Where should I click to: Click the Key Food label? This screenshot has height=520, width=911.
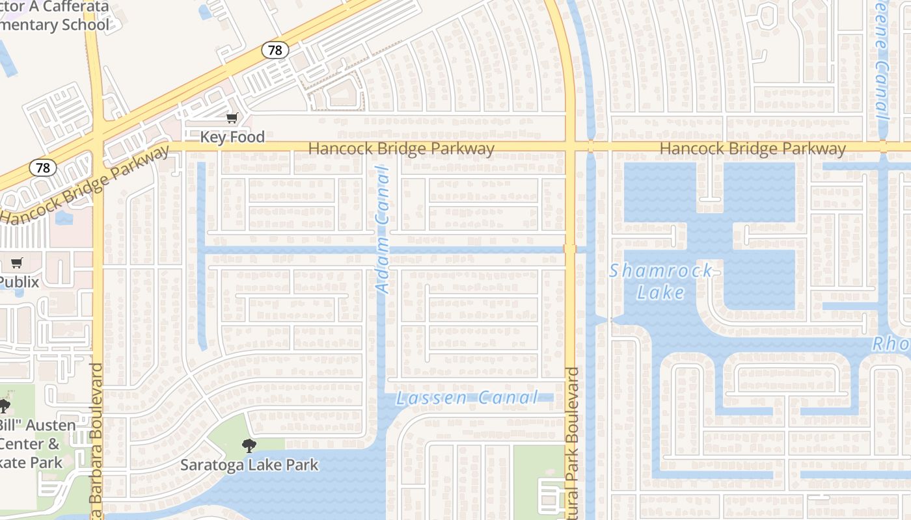point(232,137)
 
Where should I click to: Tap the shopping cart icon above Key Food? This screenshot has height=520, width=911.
point(232,118)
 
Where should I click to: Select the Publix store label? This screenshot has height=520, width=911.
point(19,283)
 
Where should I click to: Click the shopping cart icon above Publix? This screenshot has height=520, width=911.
point(17,263)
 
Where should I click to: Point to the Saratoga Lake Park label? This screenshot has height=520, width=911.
point(249,465)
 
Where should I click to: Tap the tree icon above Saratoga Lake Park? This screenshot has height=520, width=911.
point(248,446)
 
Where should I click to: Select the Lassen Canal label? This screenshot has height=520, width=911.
point(467,398)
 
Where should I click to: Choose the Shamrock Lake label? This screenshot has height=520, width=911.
point(661,281)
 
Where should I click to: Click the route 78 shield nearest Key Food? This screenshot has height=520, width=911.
point(275,50)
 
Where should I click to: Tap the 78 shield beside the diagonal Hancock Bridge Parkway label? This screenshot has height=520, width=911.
point(43,168)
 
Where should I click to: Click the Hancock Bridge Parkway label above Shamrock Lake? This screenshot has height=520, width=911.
point(752,149)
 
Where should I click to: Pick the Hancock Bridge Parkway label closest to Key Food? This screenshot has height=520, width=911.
point(401,149)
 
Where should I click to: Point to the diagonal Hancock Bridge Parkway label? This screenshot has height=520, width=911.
point(85,185)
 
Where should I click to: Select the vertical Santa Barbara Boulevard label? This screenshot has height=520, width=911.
point(96,442)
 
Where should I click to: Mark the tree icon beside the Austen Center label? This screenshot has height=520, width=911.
point(4,407)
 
